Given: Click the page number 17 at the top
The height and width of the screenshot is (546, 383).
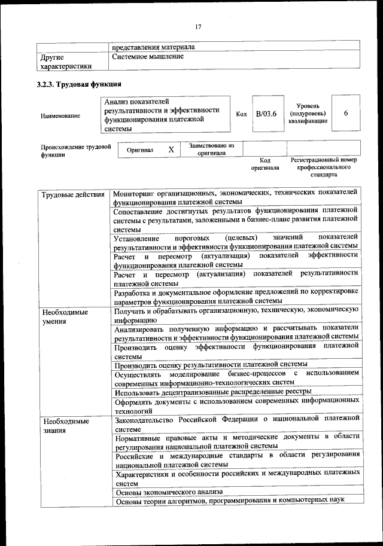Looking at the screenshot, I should [198, 26].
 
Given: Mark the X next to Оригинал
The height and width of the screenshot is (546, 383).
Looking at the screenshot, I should [171, 150].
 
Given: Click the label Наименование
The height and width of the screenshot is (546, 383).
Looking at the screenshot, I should [60, 115].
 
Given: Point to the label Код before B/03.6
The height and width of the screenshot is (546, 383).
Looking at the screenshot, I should [242, 114].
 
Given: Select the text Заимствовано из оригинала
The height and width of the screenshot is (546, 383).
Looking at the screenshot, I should [211, 149].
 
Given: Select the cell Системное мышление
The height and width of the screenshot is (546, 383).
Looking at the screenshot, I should [148, 56].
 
